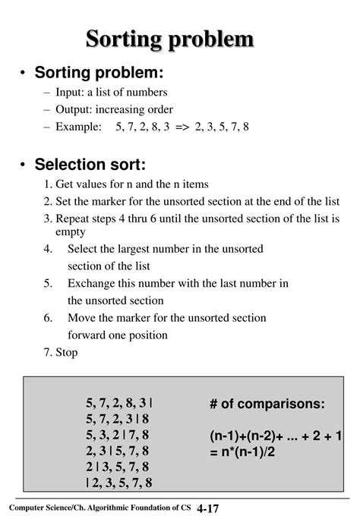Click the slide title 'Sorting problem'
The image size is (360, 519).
(179, 39)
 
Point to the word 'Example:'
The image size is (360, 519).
(78, 127)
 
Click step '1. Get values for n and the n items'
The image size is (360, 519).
(126, 184)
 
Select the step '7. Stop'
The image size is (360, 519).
(61, 352)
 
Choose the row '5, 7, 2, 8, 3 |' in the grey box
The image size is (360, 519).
(118, 403)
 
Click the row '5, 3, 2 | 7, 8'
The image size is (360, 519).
(118, 435)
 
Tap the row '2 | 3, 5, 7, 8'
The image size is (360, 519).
(118, 467)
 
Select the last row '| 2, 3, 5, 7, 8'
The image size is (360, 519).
(118, 483)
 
